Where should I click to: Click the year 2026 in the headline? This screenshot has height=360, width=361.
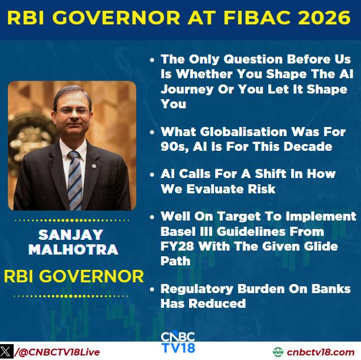click(324, 18)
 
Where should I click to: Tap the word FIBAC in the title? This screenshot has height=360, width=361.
click(257, 18)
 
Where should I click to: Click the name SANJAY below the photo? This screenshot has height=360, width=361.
click(71, 235)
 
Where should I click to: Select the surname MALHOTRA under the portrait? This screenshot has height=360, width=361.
click(73, 249)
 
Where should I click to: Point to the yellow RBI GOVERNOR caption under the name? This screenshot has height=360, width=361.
click(74, 276)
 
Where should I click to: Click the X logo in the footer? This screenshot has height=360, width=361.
click(6, 351)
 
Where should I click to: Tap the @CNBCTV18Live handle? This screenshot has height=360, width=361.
click(57, 352)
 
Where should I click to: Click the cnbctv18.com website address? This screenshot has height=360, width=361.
click(320, 352)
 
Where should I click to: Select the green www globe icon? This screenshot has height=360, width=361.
click(278, 352)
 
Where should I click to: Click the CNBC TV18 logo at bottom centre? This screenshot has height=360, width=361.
click(178, 342)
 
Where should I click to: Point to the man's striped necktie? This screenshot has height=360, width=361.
click(75, 180)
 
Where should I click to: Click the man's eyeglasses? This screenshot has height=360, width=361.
click(73, 111)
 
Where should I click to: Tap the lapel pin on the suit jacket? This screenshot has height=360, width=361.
click(94, 166)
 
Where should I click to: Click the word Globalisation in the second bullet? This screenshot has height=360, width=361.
click(244, 132)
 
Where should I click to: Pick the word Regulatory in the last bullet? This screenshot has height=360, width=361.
click(197, 289)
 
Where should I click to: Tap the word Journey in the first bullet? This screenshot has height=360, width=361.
click(187, 90)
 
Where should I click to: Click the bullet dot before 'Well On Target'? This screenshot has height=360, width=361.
click(152, 217)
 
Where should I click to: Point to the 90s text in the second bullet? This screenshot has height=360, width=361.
click(174, 146)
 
